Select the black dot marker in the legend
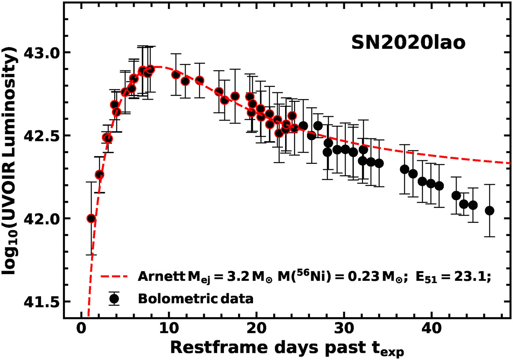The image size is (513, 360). pyautogui.click(x=114, y=298)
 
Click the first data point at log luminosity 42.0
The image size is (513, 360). pyautogui.click(x=91, y=218)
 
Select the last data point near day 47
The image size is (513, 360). pyautogui.click(x=490, y=210)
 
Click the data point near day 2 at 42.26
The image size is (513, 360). pyautogui.click(x=100, y=174)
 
